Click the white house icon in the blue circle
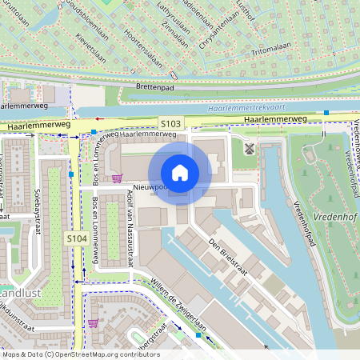[x=180, y=173]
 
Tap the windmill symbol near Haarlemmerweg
[x=248, y=148]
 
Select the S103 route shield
[x=170, y=123]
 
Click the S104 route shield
[x=76, y=238]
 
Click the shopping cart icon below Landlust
[x=93, y=323]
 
